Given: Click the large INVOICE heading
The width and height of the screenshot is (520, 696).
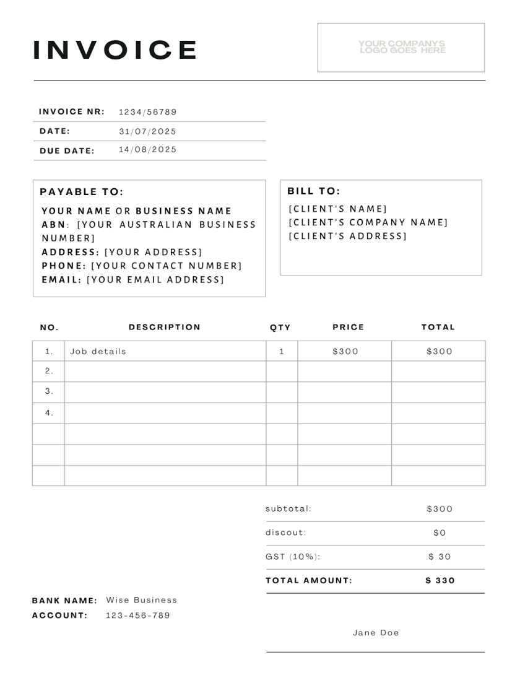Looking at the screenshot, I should (115, 50).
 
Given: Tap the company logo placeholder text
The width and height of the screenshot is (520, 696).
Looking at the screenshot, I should (401, 47).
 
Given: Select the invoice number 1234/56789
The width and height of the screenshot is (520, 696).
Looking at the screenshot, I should (147, 112).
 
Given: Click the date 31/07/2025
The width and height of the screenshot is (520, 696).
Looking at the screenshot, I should (147, 131).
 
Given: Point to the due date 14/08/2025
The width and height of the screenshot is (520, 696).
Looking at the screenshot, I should (147, 149).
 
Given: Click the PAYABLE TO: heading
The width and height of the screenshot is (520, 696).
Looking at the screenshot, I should (82, 192).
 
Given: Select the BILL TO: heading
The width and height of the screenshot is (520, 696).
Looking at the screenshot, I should (313, 191).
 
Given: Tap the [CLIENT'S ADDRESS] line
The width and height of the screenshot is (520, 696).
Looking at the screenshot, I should (348, 236).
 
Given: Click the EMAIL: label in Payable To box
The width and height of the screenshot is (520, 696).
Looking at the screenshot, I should (61, 279).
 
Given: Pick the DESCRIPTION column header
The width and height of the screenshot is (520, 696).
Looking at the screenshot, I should (165, 327).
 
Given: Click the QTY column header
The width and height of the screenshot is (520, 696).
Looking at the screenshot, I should (280, 328).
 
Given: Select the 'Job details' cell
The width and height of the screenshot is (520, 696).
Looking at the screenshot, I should (98, 351).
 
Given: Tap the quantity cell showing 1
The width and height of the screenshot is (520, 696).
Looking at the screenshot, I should (282, 351).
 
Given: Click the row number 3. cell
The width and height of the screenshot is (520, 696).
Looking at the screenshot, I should (49, 391).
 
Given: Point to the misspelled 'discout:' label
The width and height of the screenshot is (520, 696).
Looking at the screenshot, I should (286, 533).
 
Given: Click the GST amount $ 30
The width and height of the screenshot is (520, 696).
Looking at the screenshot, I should (440, 557).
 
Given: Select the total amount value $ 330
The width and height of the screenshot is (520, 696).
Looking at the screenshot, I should (440, 580).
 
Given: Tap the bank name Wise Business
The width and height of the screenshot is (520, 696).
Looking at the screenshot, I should (141, 600).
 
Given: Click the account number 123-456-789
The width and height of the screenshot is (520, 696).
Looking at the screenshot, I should (137, 616).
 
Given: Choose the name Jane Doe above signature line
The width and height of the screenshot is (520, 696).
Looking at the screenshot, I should (376, 633).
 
